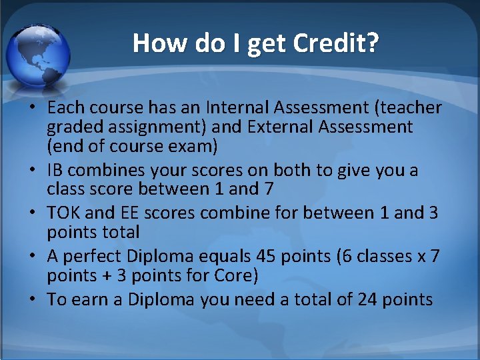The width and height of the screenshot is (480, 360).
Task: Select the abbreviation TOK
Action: click(64, 213)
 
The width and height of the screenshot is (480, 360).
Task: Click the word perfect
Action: click(93, 257)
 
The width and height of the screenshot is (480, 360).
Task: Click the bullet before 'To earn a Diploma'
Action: click(33, 300)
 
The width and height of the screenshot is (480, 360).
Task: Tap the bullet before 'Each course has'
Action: click(33, 108)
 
